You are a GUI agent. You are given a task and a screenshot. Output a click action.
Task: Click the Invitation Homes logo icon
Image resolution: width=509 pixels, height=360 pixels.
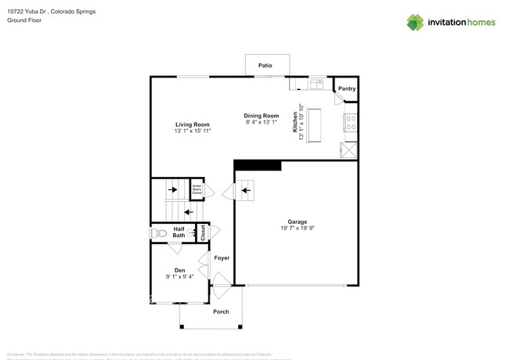[x=415, y=22]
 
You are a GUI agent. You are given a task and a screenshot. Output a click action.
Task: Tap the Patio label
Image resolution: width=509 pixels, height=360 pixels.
[x=265, y=66]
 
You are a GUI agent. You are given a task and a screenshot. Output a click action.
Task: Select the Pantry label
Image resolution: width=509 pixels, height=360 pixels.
[x=346, y=89]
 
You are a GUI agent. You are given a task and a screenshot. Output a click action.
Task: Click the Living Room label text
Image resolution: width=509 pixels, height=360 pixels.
[x=192, y=124]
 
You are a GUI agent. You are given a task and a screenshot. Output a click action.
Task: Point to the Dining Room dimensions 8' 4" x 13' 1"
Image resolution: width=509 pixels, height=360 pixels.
[x=262, y=122]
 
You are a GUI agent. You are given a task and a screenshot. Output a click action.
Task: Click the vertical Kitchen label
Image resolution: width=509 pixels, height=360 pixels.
[x=296, y=125]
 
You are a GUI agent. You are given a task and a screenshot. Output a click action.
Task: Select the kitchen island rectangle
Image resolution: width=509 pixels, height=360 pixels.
[x=315, y=125]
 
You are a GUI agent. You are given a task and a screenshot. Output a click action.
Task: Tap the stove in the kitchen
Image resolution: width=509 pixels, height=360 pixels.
[x=350, y=123]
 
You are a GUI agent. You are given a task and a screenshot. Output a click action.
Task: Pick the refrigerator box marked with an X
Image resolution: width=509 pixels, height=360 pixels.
[x=349, y=149]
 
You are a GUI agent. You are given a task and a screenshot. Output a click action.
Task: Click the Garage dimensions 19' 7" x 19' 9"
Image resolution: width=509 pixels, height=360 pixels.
[x=297, y=229]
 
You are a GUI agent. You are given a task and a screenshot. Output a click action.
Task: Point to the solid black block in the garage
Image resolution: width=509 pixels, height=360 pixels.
[x=258, y=165]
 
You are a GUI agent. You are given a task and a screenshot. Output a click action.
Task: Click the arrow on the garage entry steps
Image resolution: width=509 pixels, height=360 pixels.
[x=246, y=189]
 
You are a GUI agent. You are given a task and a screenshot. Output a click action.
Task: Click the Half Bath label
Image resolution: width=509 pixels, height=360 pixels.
[x=179, y=232]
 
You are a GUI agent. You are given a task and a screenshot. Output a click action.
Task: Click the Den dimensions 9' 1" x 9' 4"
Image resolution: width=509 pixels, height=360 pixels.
[x=179, y=276]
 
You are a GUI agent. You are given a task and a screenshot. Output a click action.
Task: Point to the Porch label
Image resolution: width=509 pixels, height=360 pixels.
[x=222, y=311]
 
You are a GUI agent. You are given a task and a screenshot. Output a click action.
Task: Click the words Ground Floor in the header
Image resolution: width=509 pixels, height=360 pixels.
[x=24, y=20]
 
